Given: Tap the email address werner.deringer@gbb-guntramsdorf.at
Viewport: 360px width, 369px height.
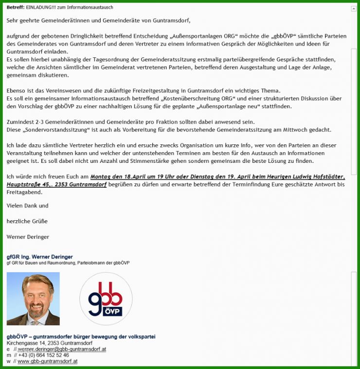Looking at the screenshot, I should click(x=62, y=349).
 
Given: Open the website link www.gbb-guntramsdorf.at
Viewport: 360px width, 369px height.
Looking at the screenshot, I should click(x=47, y=361).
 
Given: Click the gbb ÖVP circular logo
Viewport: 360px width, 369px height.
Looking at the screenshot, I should click(x=106, y=299).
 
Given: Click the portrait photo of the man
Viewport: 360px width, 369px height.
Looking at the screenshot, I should click(x=33, y=299).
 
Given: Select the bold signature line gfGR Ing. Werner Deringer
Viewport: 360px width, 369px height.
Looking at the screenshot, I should click(x=39, y=257).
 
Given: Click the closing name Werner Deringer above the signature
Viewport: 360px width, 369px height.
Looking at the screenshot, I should click(x=28, y=237).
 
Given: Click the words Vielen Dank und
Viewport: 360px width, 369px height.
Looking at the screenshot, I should click(x=27, y=206).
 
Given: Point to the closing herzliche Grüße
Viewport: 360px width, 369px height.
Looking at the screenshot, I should click(x=27, y=221).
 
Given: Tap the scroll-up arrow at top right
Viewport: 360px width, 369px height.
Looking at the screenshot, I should click(x=353, y=9).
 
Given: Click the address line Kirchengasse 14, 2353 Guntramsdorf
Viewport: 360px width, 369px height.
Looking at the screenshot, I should click(x=49, y=343).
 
